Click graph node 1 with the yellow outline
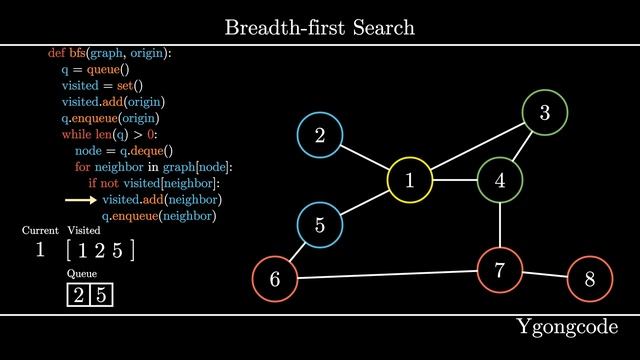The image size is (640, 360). [x=410, y=181]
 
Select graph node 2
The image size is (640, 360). [x=320, y=136]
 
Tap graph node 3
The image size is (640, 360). [x=545, y=113]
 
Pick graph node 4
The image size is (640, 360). [x=500, y=181]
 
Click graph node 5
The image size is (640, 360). [x=320, y=225]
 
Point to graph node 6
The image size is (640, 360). [x=275, y=280]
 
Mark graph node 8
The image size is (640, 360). [x=590, y=280]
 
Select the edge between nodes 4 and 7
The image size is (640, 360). [x=500, y=225]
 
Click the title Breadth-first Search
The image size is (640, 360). [x=320, y=27]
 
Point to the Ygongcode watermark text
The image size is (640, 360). [x=568, y=327]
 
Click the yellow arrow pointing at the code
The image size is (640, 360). [x=79, y=200]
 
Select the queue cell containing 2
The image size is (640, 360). [x=78, y=295]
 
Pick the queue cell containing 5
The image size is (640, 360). [x=101, y=295]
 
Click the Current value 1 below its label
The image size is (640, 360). [x=40, y=250]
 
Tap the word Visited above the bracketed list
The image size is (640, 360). [x=84, y=230]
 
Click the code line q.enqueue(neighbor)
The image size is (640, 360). [x=160, y=216]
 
